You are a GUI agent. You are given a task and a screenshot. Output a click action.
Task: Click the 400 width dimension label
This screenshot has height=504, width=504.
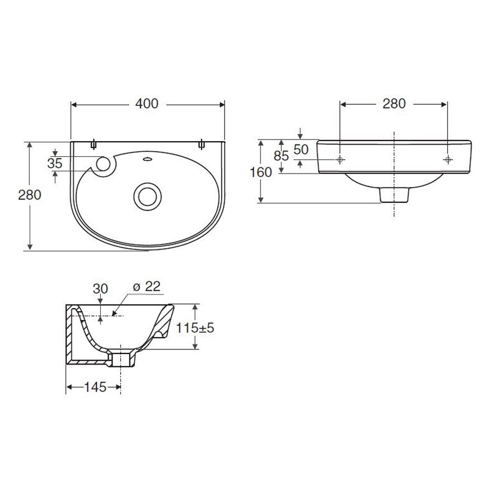(147, 104)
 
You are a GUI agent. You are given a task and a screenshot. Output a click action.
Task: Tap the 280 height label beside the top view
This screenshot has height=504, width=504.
(30, 195)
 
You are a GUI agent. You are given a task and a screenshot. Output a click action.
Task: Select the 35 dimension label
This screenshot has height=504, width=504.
(55, 164)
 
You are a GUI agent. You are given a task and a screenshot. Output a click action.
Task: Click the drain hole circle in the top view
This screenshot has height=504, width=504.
(147, 197)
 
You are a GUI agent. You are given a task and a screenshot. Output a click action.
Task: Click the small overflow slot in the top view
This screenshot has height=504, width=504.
(147, 158)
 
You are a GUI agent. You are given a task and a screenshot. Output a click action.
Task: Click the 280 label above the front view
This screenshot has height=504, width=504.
(394, 104)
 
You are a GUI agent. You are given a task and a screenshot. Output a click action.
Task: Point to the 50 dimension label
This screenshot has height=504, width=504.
(301, 150)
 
